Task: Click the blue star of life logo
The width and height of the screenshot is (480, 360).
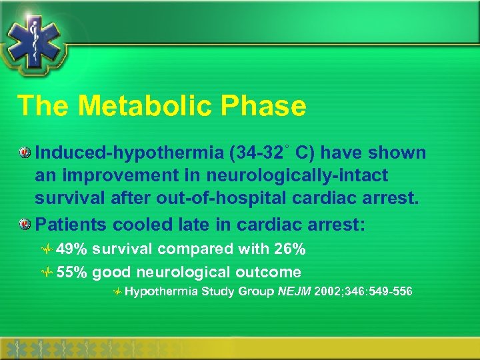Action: click(33, 37)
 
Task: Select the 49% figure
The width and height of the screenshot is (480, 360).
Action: click(72, 249)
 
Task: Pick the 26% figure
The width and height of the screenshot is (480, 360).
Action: click(290, 249)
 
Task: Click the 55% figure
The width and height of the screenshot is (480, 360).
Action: click(72, 272)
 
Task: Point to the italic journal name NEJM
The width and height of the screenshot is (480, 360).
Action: click(296, 291)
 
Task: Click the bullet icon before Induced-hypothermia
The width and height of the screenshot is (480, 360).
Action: click(25, 153)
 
